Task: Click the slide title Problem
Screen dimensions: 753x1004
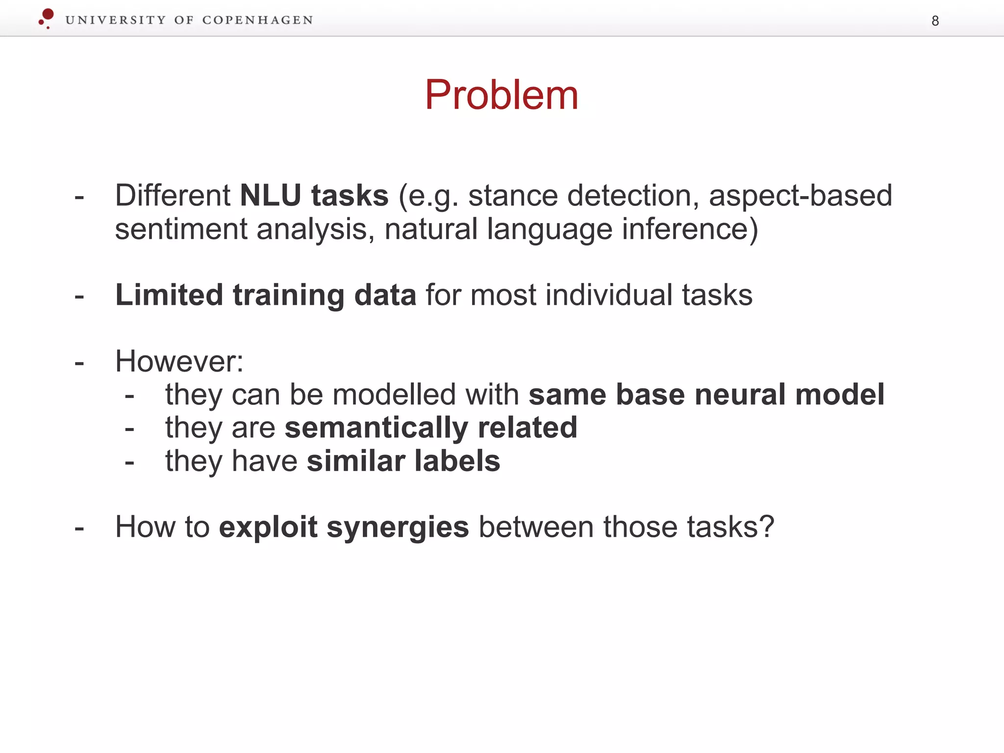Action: point(502,95)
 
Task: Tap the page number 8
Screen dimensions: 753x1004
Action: point(935,21)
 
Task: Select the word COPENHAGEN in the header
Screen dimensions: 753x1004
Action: point(257,20)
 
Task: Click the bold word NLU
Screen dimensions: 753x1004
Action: point(270,196)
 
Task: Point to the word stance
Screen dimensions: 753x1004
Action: point(513,196)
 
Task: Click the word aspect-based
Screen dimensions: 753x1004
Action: point(800,196)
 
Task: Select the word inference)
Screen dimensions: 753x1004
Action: point(690,229)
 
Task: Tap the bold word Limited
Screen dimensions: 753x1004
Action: point(169,295)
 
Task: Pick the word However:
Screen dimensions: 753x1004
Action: point(179,361)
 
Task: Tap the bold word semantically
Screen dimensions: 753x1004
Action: point(376,427)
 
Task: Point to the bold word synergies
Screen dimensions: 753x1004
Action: point(398,527)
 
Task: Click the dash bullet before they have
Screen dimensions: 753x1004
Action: point(129,463)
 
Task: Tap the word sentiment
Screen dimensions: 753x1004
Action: point(181,229)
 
